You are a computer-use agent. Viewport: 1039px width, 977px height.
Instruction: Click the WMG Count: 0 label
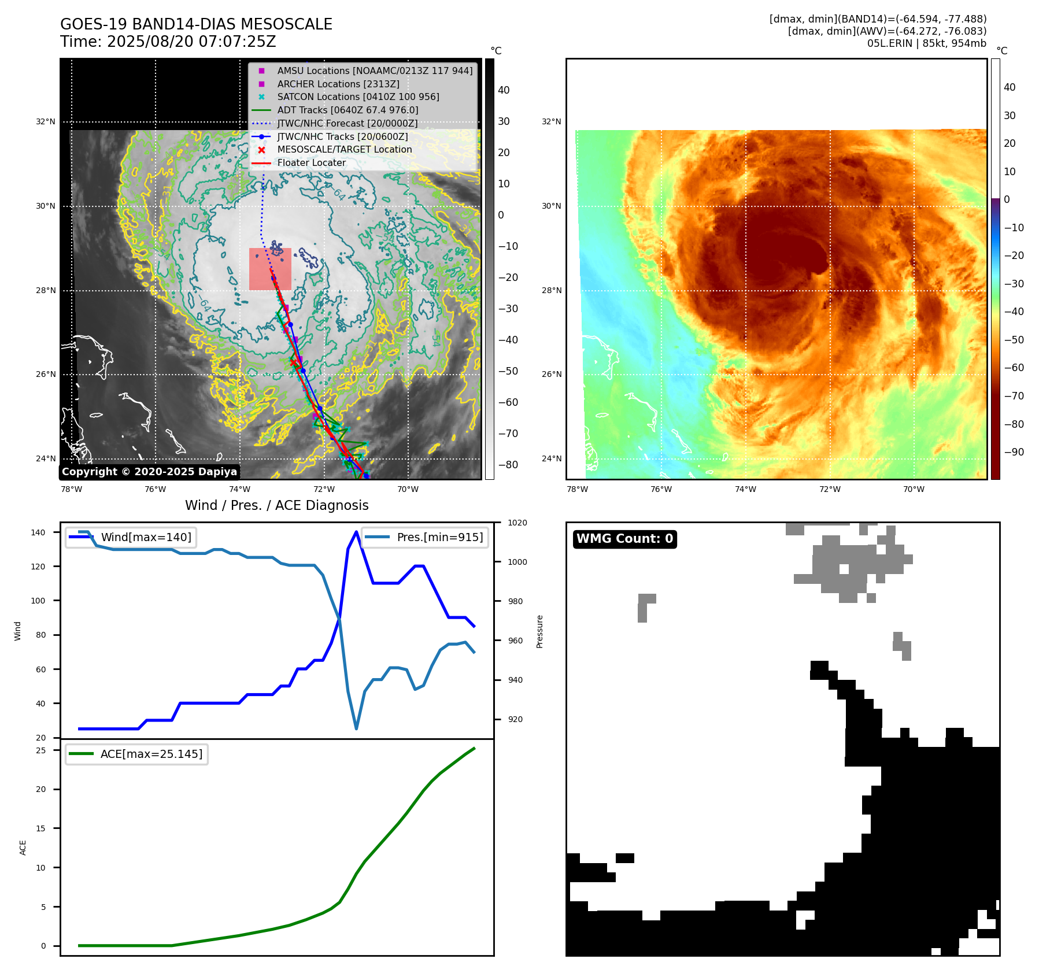pyautogui.click(x=624, y=539)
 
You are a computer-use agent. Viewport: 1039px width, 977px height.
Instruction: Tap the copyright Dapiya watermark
pyautogui.click(x=149, y=472)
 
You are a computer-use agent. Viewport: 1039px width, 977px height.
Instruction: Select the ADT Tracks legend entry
pyautogui.click(x=347, y=110)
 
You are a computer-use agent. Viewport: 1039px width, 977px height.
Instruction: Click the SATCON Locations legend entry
pyautogui.click(x=358, y=97)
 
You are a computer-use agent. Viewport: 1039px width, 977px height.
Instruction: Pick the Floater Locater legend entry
pyautogui.click(x=311, y=162)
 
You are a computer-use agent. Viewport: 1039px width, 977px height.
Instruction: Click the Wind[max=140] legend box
pyautogui.click(x=131, y=537)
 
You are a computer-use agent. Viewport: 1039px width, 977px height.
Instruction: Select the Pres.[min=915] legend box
pyautogui.click(x=425, y=537)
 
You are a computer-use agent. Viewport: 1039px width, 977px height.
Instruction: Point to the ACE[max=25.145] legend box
pyautogui.click(x=136, y=754)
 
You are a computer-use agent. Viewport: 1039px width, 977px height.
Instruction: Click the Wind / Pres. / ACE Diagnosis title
pyautogui.click(x=276, y=505)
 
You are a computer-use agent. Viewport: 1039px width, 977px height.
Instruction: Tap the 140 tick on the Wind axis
pyautogui.click(x=38, y=532)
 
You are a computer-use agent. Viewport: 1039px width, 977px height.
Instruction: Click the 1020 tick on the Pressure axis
pyautogui.click(x=517, y=523)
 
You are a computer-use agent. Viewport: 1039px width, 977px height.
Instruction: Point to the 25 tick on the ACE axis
pyautogui.click(x=40, y=750)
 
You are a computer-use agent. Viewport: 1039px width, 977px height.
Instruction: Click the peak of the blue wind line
pyautogui.click(x=356, y=531)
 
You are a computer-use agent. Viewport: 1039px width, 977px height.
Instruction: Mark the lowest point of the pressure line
pyautogui.click(x=356, y=729)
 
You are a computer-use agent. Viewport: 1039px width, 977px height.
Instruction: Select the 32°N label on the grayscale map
pyautogui.click(x=46, y=122)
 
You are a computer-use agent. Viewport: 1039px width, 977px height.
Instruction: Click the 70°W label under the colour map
pyautogui.click(x=914, y=489)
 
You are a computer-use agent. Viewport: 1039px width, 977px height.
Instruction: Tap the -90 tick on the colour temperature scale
pyautogui.click(x=1014, y=452)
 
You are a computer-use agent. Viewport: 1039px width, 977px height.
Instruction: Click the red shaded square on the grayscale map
pyautogui.click(x=270, y=269)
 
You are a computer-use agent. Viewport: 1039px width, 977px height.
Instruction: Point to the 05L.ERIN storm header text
pyautogui.click(x=926, y=43)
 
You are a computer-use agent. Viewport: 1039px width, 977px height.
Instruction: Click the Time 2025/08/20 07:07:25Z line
pyautogui.click(x=168, y=42)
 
